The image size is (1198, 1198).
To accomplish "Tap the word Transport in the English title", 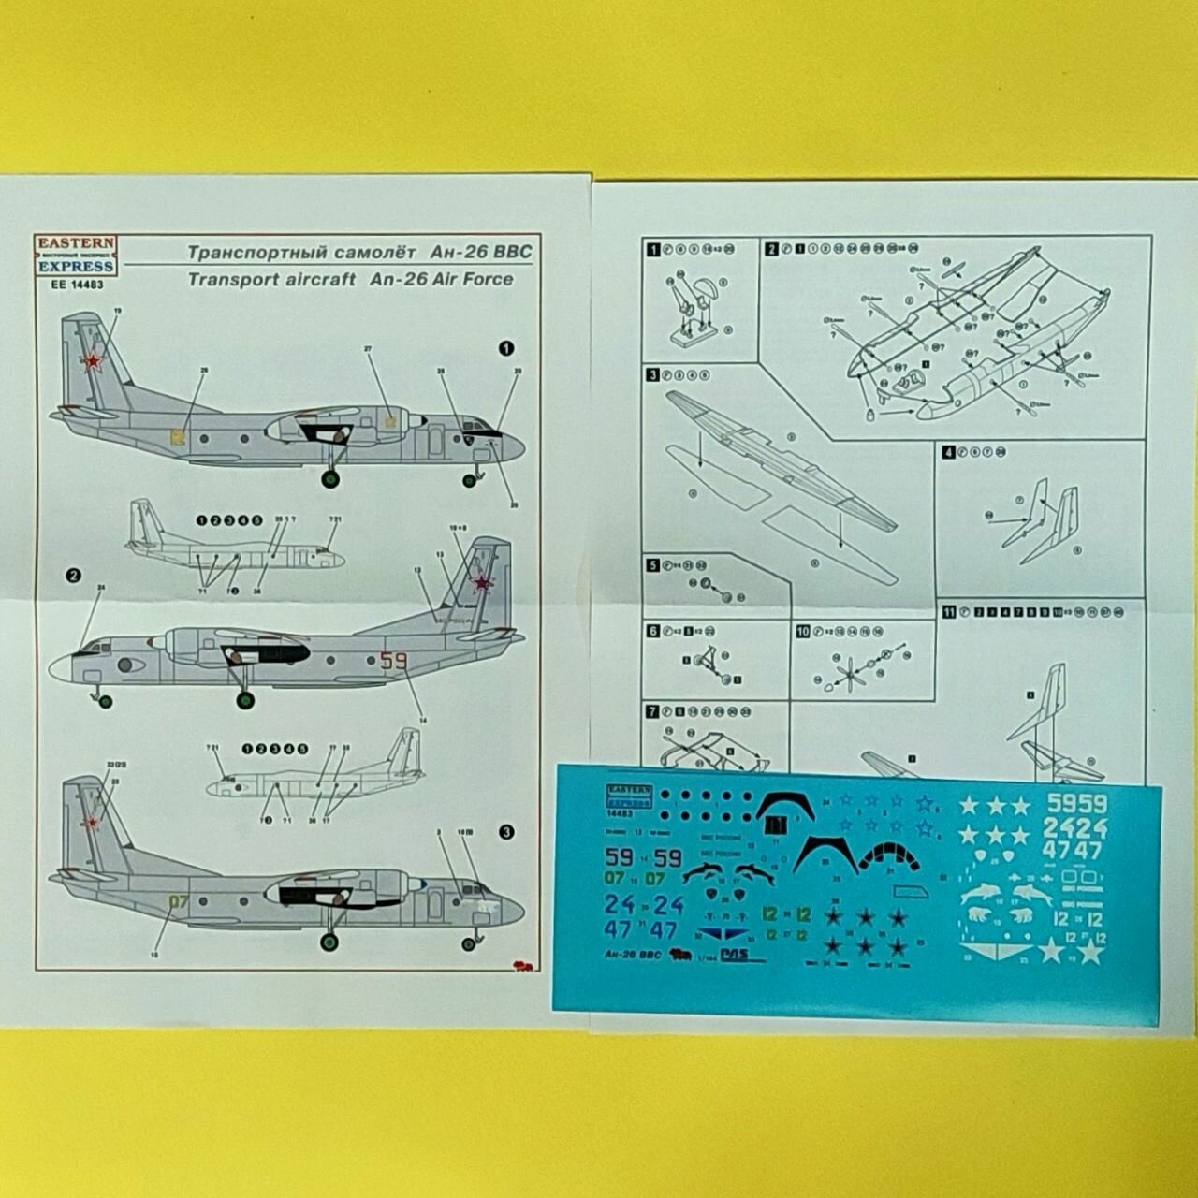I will [225, 279].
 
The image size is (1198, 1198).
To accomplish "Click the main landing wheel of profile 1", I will [330, 479].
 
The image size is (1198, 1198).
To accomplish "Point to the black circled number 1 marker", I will [506, 348].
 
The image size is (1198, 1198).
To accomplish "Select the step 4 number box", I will [948, 453].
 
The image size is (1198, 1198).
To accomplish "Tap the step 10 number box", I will [802, 632].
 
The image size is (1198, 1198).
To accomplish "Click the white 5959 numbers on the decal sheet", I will [1076, 803].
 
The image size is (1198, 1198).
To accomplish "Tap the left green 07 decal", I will [615, 879].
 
